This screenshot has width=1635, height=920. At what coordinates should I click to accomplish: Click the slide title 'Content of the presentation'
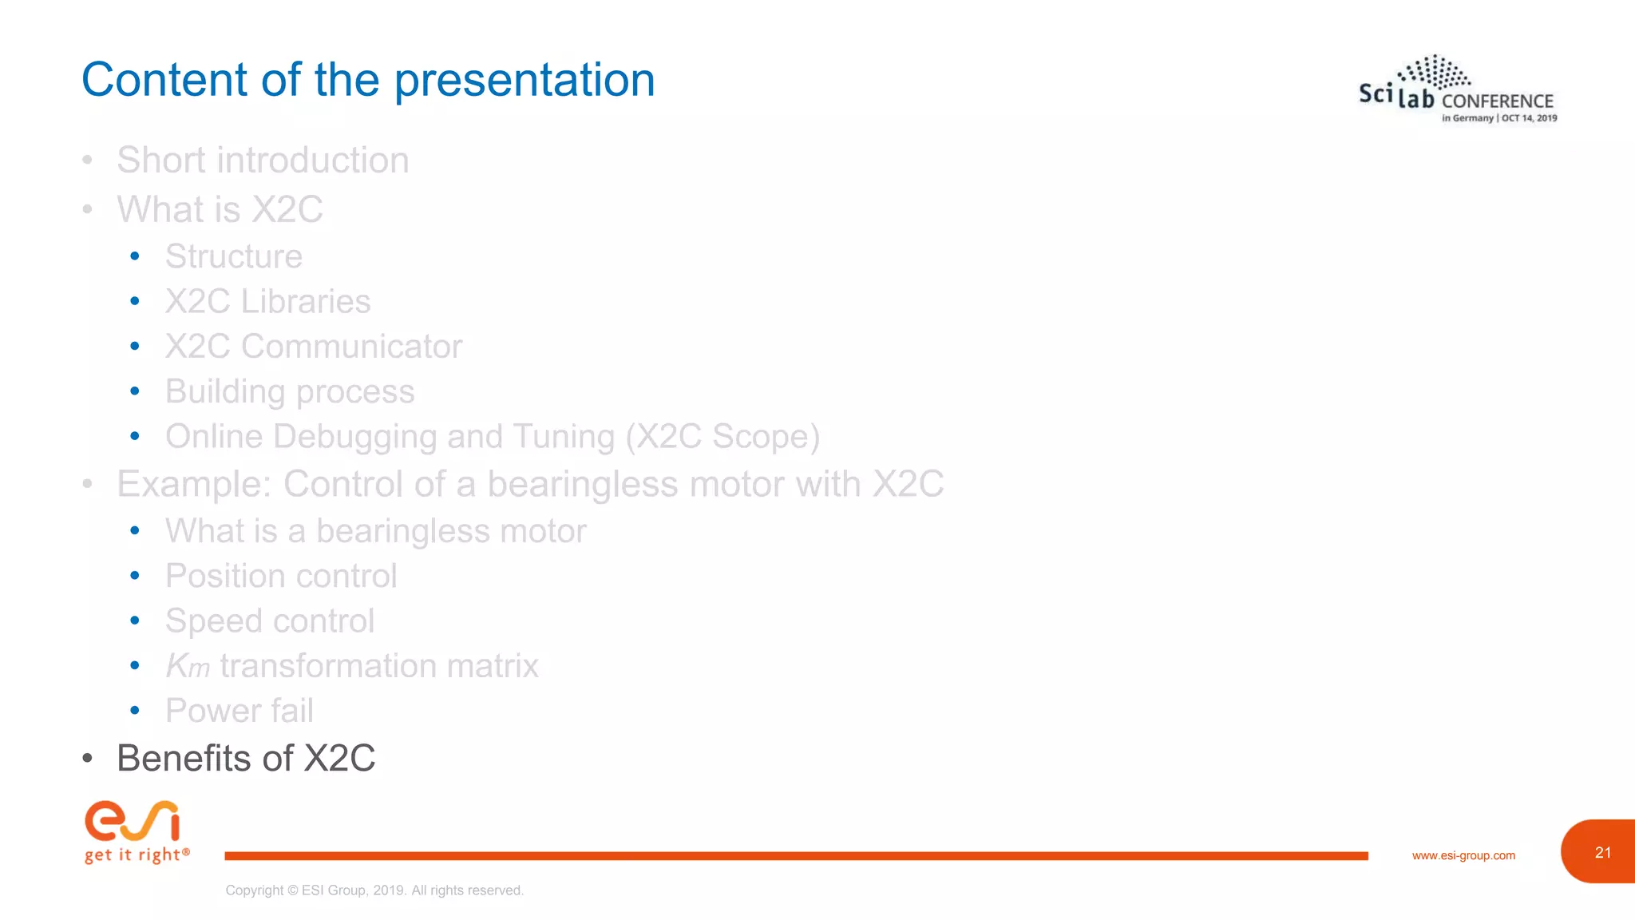368,81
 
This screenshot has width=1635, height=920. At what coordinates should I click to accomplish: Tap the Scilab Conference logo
1457,89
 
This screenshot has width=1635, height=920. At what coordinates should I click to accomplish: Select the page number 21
1602,852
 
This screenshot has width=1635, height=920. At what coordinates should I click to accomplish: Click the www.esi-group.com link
1463,855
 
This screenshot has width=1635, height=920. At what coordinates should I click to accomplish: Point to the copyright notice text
374,890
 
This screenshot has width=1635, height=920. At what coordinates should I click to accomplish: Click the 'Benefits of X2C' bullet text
246,758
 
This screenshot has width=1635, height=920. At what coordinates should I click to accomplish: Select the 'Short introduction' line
263,160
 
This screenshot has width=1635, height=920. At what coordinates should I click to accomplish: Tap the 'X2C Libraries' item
267,301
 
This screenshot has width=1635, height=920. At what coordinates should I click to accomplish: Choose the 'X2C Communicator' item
313,347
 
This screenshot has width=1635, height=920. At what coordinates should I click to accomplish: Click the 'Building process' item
290,391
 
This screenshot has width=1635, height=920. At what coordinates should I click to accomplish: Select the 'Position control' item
281,576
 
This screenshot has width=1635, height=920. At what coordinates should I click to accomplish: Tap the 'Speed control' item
270,621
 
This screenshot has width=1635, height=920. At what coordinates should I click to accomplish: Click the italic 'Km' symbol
188,666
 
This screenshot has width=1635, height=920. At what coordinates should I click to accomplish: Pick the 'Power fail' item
240,711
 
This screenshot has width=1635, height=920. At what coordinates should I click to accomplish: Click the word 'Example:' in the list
194,484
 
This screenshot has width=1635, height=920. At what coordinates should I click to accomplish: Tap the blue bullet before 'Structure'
135,256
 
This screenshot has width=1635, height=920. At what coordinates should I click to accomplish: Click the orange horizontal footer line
796,855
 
